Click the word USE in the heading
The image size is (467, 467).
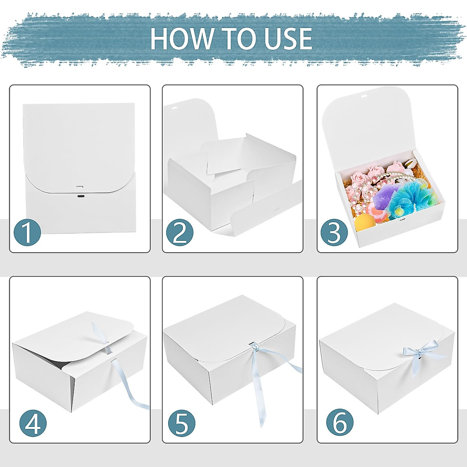[288, 39]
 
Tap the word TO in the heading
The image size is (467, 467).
[239, 39]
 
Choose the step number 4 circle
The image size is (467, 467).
[33, 423]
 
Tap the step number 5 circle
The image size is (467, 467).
[182, 423]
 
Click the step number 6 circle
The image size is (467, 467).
[340, 423]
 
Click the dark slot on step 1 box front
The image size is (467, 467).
[81, 197]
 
